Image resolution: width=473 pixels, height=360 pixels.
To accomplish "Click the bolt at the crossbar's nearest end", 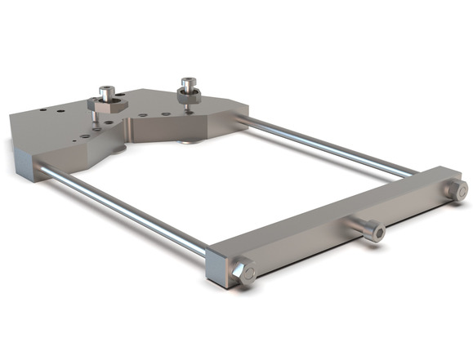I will click(243, 273).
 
